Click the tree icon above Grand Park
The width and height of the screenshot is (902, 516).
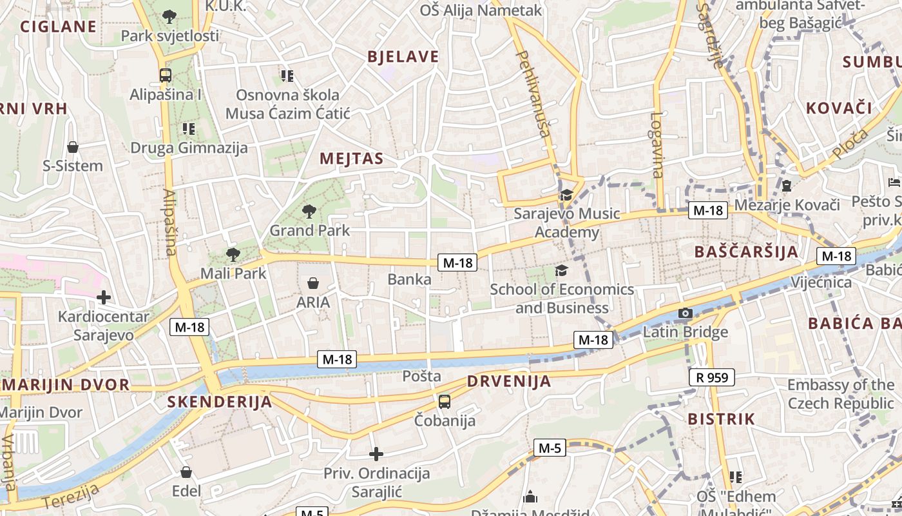(x=309, y=210)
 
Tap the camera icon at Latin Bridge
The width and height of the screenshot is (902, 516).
(x=685, y=313)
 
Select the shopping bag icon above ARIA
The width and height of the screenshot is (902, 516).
(x=313, y=283)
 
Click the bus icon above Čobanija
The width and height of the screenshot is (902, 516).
(x=445, y=402)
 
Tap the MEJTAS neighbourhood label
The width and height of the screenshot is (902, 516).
(x=352, y=159)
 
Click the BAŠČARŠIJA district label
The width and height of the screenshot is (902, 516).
(x=747, y=252)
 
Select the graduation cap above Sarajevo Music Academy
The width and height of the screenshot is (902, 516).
(x=566, y=195)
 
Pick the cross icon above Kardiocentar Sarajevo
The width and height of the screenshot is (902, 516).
(x=103, y=297)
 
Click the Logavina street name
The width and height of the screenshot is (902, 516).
(x=657, y=145)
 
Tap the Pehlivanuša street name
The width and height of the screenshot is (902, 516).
(x=534, y=94)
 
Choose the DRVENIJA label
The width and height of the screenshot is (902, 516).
(x=509, y=381)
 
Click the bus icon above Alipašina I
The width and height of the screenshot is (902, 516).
(x=166, y=75)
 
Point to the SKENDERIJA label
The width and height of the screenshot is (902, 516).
(x=220, y=402)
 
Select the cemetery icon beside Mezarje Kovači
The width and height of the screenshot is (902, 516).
(x=786, y=186)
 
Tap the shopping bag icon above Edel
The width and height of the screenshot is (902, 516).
(x=186, y=472)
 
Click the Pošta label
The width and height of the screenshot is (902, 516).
(x=422, y=376)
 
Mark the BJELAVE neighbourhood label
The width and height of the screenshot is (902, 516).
(x=403, y=57)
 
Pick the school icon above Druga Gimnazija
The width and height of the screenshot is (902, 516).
(x=189, y=129)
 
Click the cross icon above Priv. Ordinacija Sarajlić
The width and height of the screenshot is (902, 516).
(x=376, y=454)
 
